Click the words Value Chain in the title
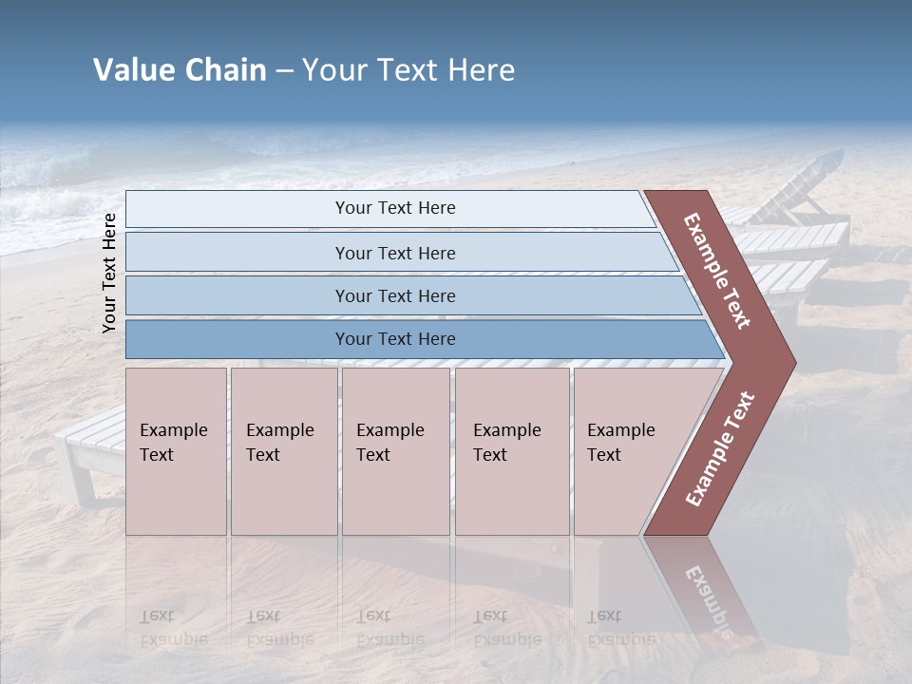click(180, 70)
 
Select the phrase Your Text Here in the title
click(408, 70)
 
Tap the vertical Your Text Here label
click(109, 273)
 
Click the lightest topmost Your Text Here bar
click(394, 208)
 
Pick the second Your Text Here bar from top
click(394, 253)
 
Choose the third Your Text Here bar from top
click(394, 295)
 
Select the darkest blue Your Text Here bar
click(394, 339)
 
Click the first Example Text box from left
click(176, 450)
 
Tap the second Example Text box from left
click(283, 450)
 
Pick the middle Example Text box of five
click(395, 450)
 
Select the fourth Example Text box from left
click(511, 450)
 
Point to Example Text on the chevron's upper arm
click(718, 271)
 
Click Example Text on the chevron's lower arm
click(720, 448)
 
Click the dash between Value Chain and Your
click(283, 71)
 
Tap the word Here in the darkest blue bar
click(435, 339)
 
